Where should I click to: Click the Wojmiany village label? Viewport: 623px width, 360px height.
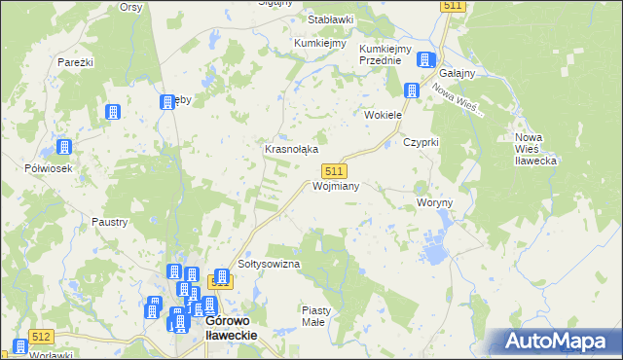point(337,186)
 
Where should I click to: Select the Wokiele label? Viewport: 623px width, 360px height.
point(383,115)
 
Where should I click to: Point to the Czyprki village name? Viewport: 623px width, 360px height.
point(421,142)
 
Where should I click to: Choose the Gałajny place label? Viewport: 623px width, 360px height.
point(458,74)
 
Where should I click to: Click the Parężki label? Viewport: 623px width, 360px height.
point(75,62)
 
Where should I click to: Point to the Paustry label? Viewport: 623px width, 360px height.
point(110,222)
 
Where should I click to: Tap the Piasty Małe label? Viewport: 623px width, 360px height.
point(315,315)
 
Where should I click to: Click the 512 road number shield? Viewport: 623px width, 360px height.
point(41,337)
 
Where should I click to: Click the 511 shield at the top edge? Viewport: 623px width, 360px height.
point(453,6)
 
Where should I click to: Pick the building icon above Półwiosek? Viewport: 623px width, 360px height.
point(64,148)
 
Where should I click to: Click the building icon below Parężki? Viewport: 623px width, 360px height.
point(112,112)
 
